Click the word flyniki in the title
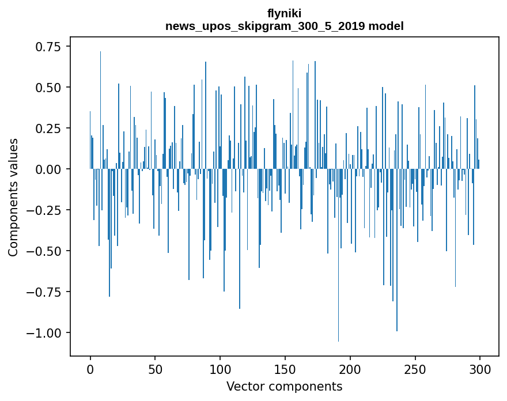284,13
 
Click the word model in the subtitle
387,26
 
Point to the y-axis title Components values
13,197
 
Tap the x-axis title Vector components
284,387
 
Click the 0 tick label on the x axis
90,369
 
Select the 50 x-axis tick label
155,369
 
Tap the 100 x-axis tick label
220,369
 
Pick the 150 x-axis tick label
285,369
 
